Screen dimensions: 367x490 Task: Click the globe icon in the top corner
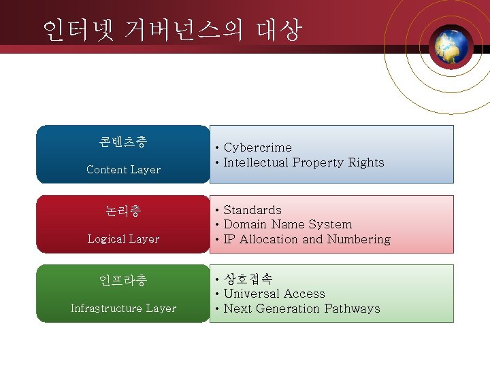click(453, 46)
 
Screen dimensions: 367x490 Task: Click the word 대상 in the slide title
click(278, 30)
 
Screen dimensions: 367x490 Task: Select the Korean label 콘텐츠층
click(123, 142)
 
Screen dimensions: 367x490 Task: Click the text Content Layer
click(123, 170)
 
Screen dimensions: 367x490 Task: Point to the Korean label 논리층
click(123, 211)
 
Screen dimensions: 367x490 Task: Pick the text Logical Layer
click(123, 239)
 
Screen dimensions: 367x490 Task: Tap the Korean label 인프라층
click(123, 281)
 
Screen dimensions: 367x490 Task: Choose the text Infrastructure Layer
click(123, 309)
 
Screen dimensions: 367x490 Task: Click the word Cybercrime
click(257, 147)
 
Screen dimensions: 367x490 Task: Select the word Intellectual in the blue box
click(256, 162)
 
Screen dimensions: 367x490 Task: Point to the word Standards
click(252, 210)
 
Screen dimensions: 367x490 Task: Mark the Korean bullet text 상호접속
click(248, 279)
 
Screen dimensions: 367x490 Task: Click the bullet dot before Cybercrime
click(216, 148)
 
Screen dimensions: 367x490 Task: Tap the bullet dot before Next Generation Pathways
click(216, 309)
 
